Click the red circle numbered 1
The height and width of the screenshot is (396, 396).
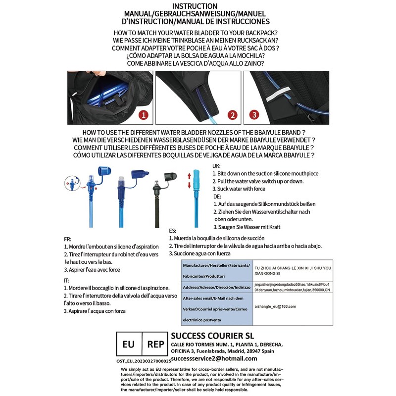(x=144, y=116)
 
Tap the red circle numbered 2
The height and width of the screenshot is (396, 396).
(x=232, y=115)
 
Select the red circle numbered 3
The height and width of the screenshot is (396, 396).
(x=254, y=114)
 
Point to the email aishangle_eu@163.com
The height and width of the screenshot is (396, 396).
(x=275, y=306)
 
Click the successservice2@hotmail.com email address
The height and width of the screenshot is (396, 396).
(x=214, y=358)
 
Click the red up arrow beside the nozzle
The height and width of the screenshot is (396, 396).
(x=189, y=176)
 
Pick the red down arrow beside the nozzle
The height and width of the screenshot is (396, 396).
(x=189, y=186)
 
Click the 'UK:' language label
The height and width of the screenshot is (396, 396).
(x=216, y=166)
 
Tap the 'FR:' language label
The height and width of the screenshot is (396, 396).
(x=67, y=238)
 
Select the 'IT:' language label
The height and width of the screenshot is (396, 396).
(x=66, y=280)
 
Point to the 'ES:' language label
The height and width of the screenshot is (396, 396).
(x=173, y=231)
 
